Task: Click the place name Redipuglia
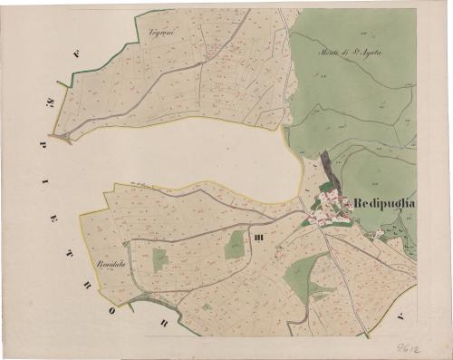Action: pyautogui.click(x=381, y=203)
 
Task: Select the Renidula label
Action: pyautogui.click(x=110, y=264)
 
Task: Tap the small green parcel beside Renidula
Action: pyautogui.click(x=159, y=260)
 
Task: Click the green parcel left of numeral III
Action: pyautogui.click(x=236, y=243)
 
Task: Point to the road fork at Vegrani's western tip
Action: pyautogui.click(x=62, y=138)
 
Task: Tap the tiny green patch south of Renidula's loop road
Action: pyautogui.click(x=207, y=306)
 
